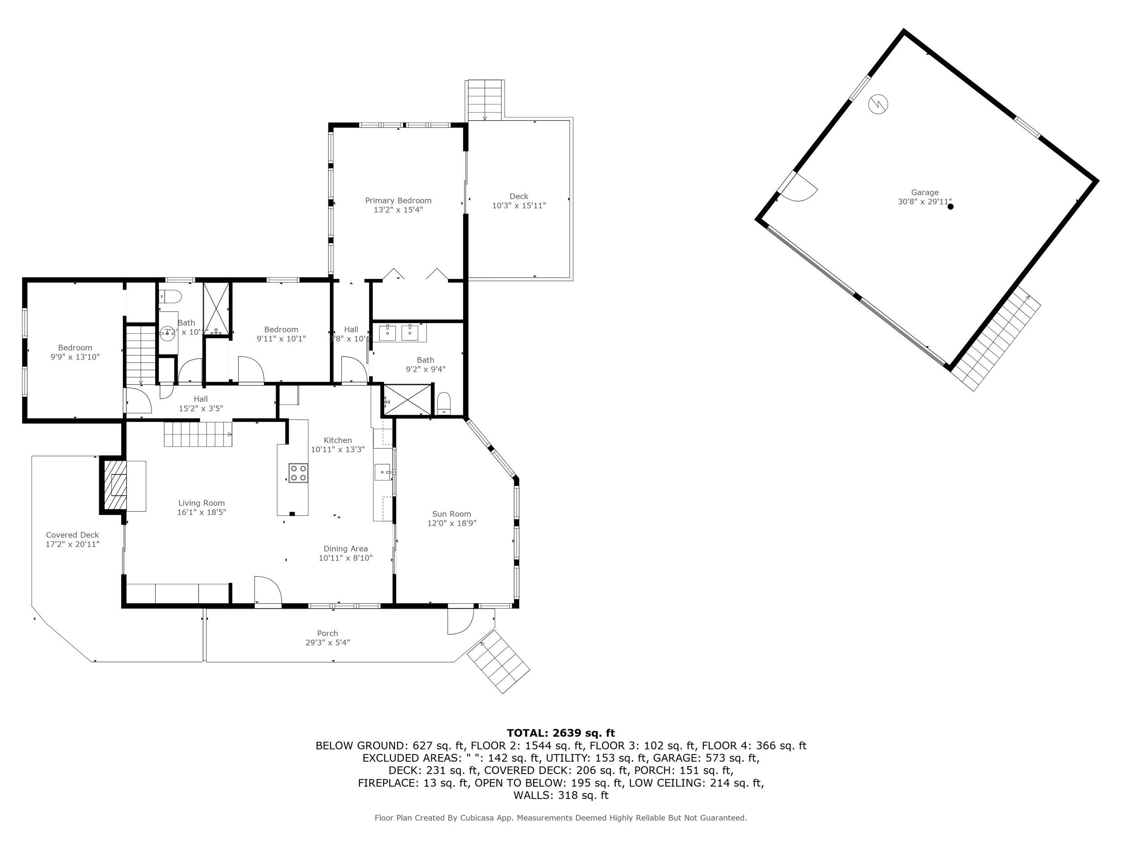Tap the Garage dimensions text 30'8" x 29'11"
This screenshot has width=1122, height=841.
924,202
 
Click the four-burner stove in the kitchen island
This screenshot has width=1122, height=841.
298,472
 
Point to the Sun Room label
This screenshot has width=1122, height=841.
451,514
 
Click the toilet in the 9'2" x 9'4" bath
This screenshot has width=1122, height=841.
444,404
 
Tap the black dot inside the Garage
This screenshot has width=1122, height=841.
951,206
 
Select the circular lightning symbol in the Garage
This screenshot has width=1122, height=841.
878,104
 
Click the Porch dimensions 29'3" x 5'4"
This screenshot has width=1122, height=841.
327,642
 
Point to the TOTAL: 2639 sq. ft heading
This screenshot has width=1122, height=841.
561,733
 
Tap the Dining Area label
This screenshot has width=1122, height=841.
346,549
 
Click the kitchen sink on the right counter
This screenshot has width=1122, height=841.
382,472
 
